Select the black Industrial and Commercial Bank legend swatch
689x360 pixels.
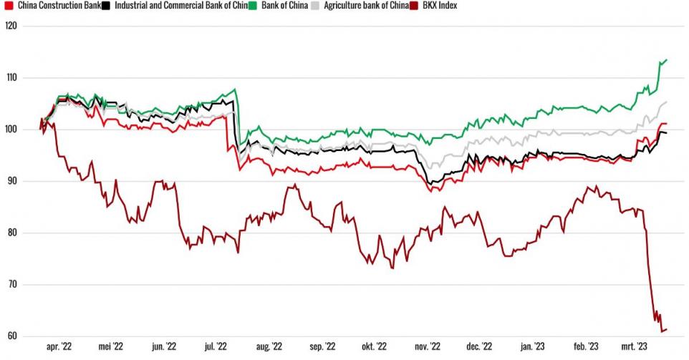(105, 6)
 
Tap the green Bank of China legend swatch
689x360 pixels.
(253, 6)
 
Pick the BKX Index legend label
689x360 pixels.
(438, 6)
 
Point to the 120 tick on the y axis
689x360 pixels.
(11, 26)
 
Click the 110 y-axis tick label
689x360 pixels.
(11, 77)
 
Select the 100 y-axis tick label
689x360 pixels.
(11, 130)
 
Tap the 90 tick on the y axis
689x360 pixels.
(12, 181)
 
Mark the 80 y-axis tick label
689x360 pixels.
(12, 233)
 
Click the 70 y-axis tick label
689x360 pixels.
(12, 285)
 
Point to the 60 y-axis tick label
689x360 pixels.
(12, 336)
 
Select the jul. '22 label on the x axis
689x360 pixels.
(215, 347)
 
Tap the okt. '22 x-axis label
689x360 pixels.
(371, 347)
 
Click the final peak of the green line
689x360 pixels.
(667, 60)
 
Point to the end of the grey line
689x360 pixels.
(667, 102)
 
